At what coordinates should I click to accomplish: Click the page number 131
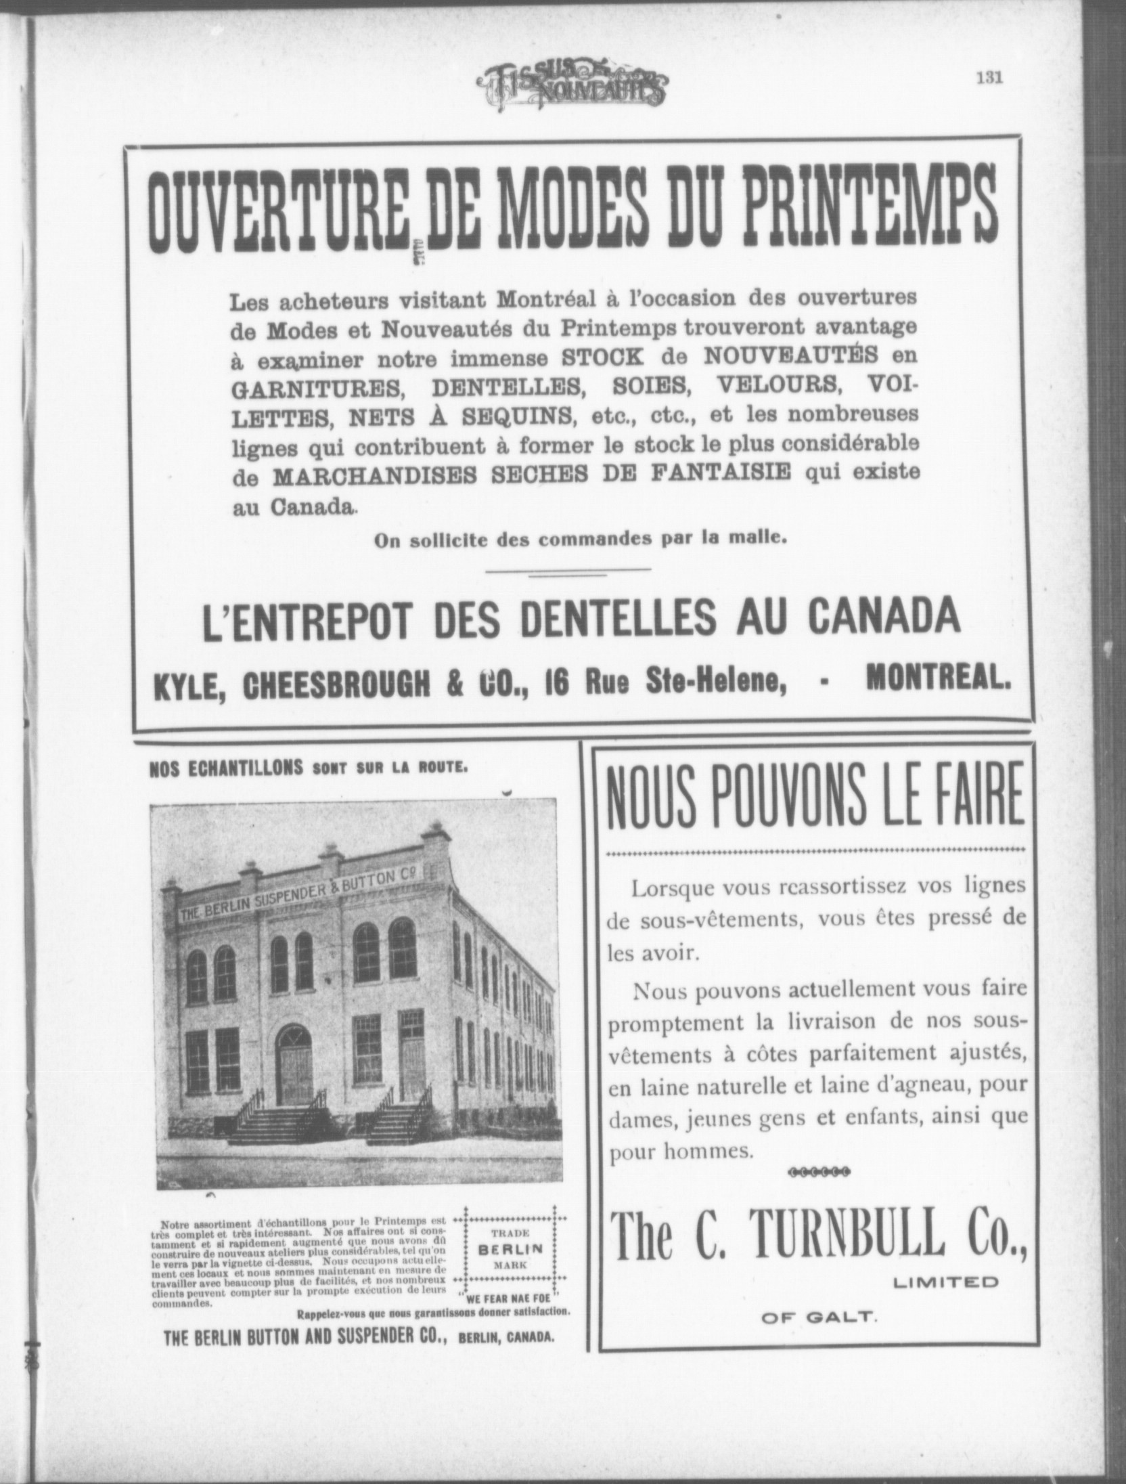988,77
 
